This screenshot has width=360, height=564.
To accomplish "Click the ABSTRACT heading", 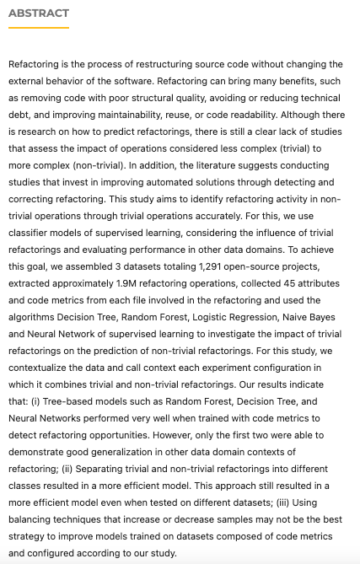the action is [x=39, y=13].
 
